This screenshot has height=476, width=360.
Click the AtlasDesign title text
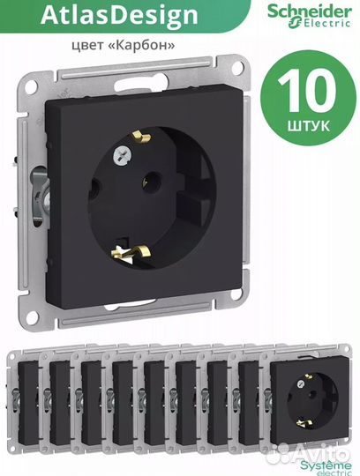(x=119, y=15)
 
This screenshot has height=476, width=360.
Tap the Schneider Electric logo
(x=310, y=16)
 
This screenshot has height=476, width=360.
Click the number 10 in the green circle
(x=307, y=92)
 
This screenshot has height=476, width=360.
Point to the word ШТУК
(x=309, y=126)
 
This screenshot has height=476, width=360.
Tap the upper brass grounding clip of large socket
(x=141, y=137)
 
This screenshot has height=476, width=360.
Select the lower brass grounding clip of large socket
(x=131, y=253)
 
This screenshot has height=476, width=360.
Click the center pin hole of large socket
(x=151, y=182)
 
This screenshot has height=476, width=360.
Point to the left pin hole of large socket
(x=93, y=190)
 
